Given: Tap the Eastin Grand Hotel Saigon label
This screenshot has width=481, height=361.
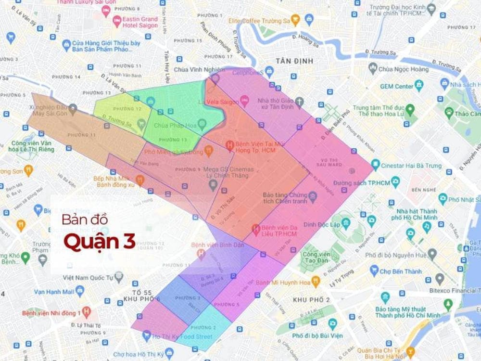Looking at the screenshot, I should [139, 22].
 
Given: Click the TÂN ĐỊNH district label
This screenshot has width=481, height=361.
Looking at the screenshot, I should [294, 61].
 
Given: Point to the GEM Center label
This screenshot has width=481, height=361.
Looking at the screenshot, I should [397, 86].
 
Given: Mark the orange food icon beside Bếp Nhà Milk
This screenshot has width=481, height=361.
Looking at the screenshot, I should [140, 180].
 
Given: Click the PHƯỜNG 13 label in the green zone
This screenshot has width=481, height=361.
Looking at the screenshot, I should [172, 140].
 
